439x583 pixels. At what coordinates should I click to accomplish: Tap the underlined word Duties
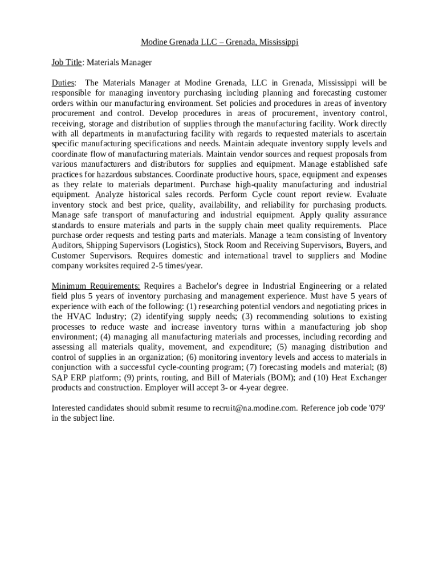[x=63, y=83]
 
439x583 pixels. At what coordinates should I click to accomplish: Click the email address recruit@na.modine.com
[x=254, y=408]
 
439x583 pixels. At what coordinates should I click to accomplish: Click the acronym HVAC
[x=78, y=317]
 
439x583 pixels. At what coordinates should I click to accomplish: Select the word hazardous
[x=129, y=174]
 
